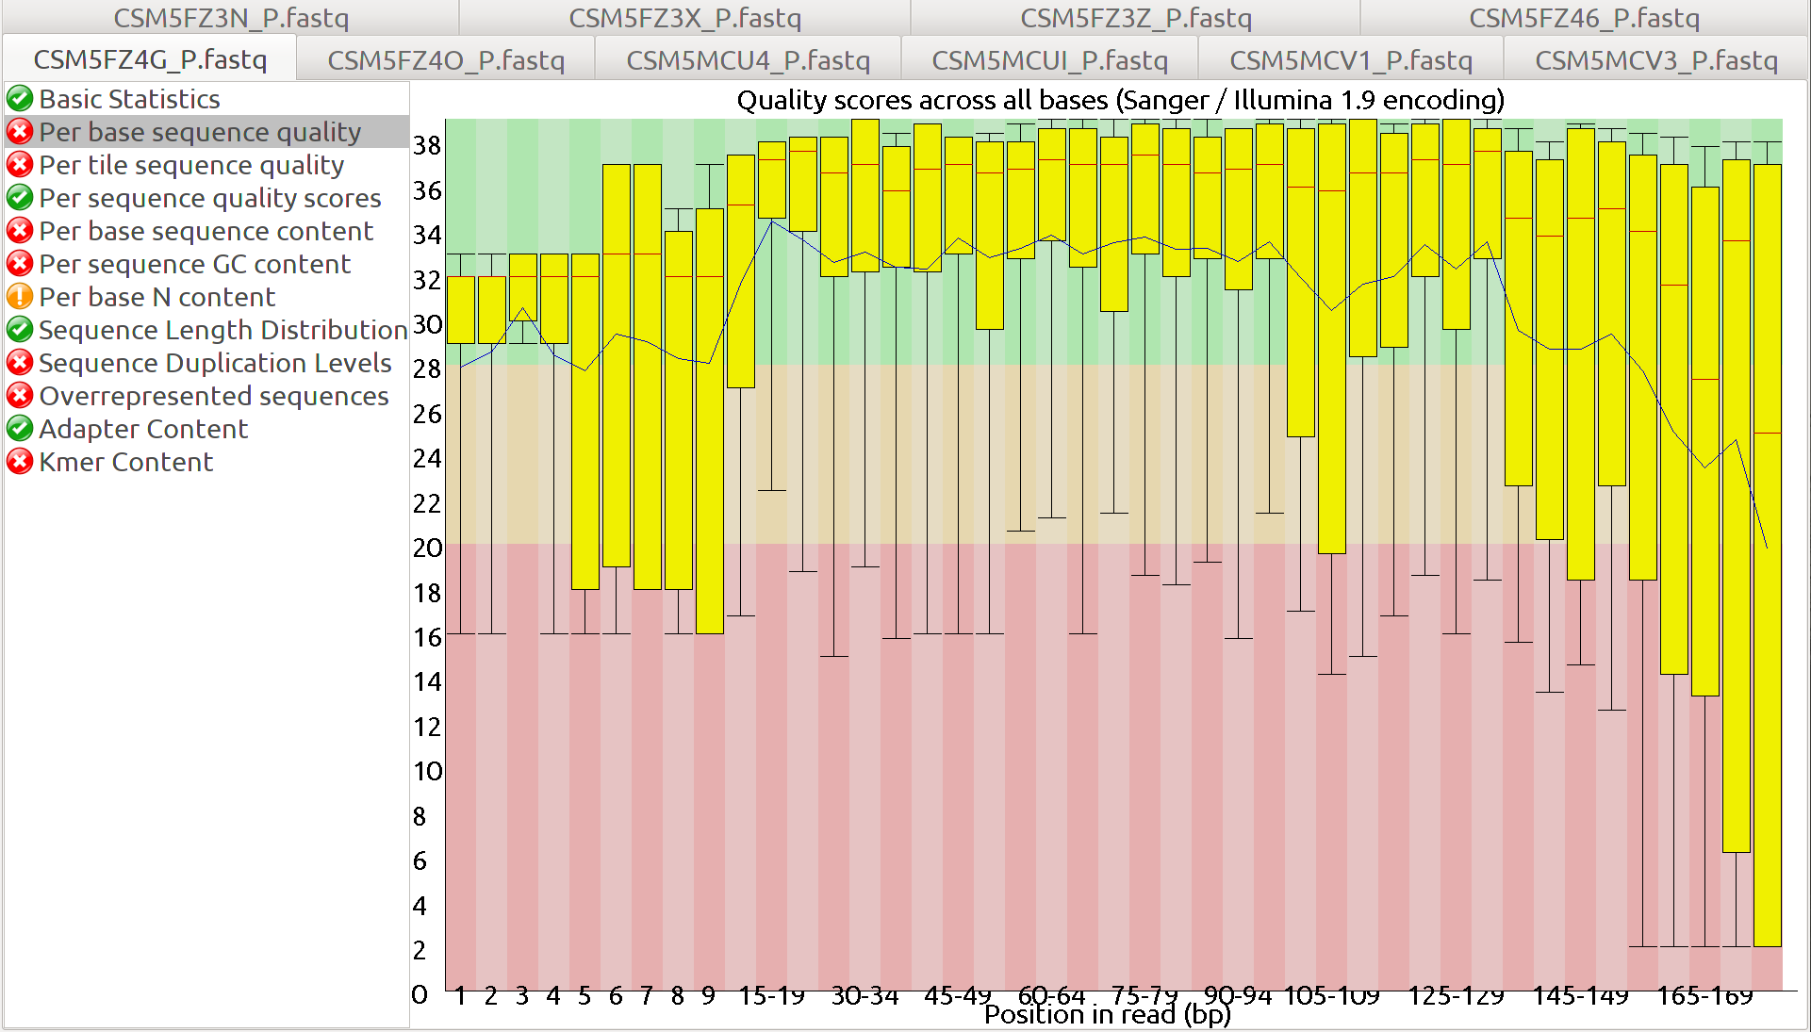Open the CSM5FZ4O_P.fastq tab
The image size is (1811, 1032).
click(446, 60)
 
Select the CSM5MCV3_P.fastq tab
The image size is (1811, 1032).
click(1655, 60)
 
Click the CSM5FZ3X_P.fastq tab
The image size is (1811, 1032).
click(684, 18)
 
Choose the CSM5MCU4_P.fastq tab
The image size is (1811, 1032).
click(748, 60)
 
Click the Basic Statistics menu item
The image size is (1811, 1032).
click(129, 99)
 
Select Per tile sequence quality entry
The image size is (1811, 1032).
click(191, 165)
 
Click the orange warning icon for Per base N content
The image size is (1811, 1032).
click(20, 297)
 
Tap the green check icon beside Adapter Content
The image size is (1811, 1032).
click(20, 429)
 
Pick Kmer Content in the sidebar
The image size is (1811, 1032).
click(126, 462)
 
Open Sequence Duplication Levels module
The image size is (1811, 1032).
click(215, 363)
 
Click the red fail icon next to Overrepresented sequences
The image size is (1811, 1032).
click(20, 396)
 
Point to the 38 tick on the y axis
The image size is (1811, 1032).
click(427, 145)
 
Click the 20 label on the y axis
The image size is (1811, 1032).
click(427, 548)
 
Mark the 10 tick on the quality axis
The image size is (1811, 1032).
click(427, 771)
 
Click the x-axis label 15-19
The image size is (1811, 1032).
click(771, 995)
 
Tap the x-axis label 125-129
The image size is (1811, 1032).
click(1456, 995)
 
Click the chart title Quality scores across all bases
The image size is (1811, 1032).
click(1120, 100)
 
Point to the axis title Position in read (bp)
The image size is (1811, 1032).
click(1108, 1015)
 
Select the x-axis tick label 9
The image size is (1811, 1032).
click(708, 995)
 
